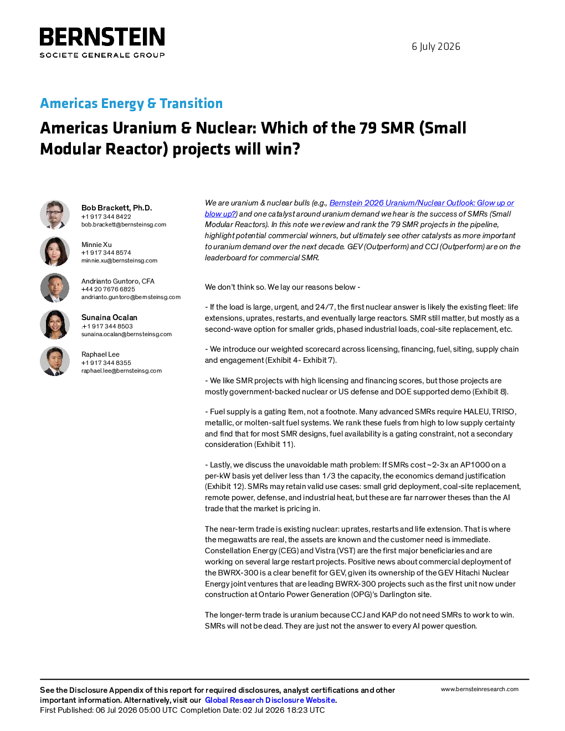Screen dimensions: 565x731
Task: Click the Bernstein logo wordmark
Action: (x=102, y=37)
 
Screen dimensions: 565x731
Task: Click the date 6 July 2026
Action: (x=436, y=47)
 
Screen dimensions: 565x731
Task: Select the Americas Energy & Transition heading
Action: (x=131, y=104)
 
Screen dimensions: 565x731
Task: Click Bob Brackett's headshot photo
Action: (x=55, y=215)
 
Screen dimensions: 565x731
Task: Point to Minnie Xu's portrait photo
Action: (x=55, y=251)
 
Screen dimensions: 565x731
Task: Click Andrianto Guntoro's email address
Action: (x=131, y=297)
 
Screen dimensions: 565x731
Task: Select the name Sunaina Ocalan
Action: (x=109, y=317)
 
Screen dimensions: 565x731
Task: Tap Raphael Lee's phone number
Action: (x=106, y=363)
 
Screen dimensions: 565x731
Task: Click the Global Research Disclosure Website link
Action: (x=270, y=700)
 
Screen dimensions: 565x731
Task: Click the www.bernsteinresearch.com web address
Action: (x=480, y=689)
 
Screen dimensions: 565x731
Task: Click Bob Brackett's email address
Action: (x=124, y=224)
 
